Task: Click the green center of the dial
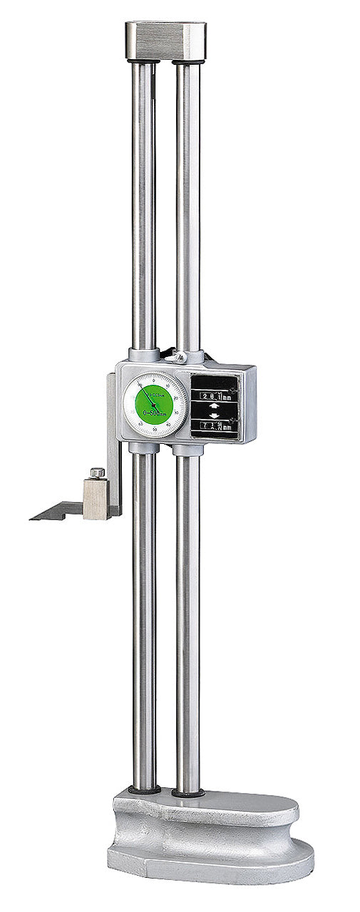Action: tap(153, 404)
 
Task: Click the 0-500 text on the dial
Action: tap(153, 413)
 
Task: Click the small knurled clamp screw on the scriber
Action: tap(97, 472)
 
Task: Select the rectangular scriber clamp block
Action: tap(96, 498)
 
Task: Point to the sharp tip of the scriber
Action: tap(32, 519)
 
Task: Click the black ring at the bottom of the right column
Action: tap(187, 792)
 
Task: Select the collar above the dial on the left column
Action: tap(143, 355)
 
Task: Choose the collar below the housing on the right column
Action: tap(187, 450)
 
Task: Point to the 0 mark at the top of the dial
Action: tap(154, 376)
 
